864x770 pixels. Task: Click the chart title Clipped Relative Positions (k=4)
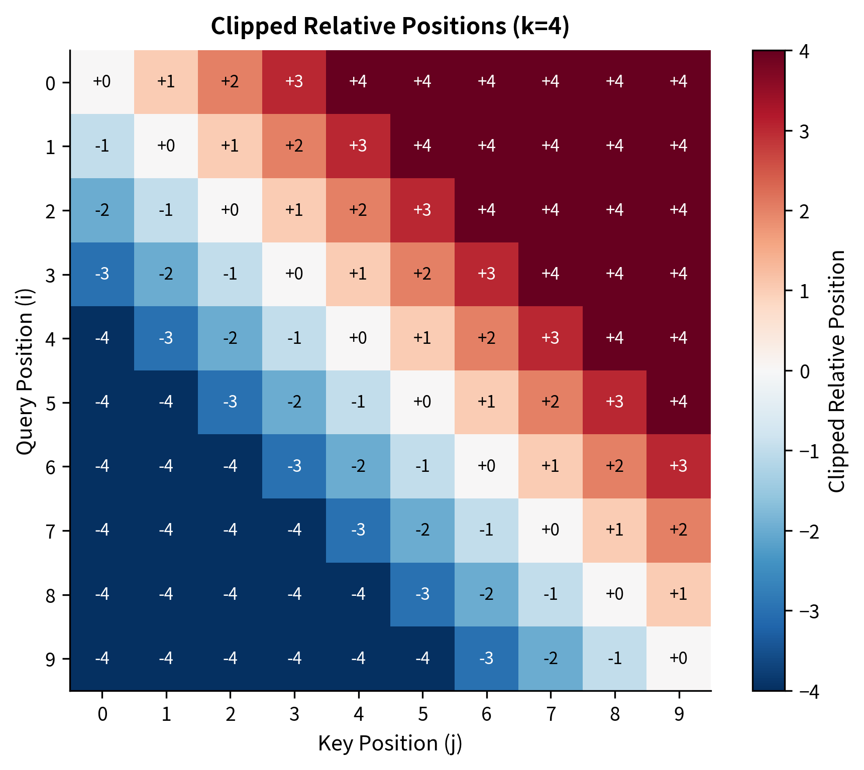click(390, 26)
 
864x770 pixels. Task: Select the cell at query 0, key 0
click(102, 82)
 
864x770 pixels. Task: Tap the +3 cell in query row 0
click(294, 82)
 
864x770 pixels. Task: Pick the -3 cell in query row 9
click(486, 658)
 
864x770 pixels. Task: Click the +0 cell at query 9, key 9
click(679, 658)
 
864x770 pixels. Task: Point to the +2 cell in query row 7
click(679, 530)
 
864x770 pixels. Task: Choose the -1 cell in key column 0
click(102, 146)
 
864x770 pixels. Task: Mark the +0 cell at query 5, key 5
click(422, 402)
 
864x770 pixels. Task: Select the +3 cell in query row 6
click(679, 466)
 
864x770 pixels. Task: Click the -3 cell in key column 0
click(102, 274)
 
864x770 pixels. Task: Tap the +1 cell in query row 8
click(679, 594)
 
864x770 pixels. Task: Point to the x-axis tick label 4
click(358, 714)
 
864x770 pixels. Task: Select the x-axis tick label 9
click(679, 714)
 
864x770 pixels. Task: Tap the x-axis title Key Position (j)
click(390, 743)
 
